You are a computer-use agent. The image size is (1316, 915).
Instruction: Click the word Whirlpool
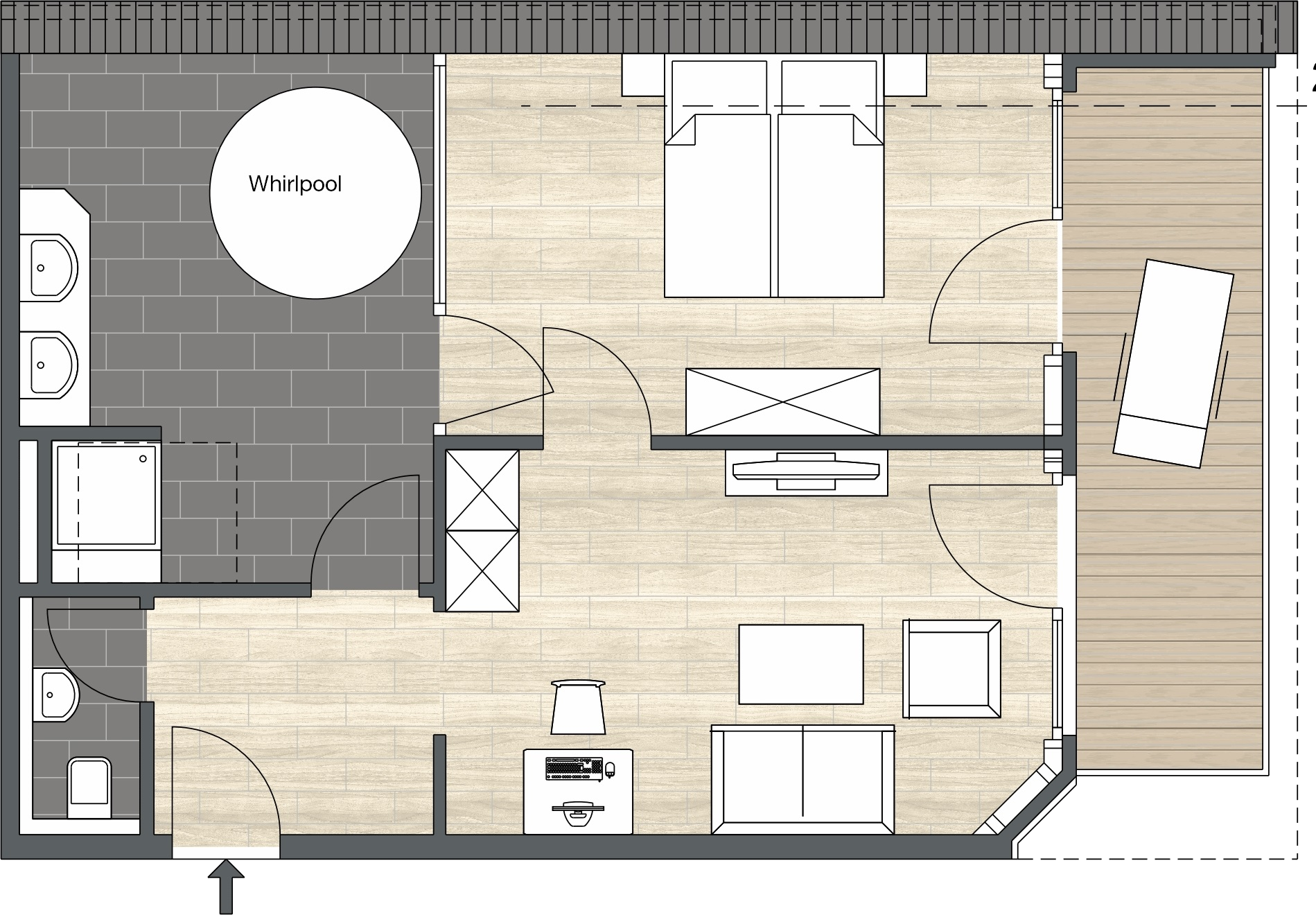pyautogui.click(x=295, y=184)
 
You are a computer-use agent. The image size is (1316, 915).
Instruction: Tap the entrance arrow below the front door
pyautogui.click(x=226, y=886)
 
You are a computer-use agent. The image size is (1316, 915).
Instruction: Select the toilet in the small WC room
pyautogui.click(x=89, y=788)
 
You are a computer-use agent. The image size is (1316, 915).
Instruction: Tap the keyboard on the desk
pyautogui.click(x=574, y=769)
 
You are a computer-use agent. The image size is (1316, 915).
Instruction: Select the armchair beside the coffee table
pyautogui.click(x=951, y=669)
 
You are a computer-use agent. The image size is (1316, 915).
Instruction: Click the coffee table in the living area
pyautogui.click(x=801, y=664)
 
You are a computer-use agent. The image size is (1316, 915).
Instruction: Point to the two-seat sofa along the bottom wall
pyautogui.click(x=802, y=780)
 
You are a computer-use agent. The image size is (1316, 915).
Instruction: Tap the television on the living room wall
pyautogui.click(x=806, y=471)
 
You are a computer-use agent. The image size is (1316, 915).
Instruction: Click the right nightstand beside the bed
pyautogui.click(x=905, y=75)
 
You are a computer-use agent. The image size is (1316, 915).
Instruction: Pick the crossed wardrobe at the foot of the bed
pyautogui.click(x=782, y=402)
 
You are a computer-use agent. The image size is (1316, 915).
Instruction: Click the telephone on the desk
pyautogui.click(x=577, y=812)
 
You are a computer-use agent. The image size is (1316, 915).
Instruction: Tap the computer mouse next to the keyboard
pyautogui.click(x=611, y=769)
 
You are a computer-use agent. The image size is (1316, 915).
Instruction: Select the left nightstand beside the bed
pyautogui.click(x=643, y=75)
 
